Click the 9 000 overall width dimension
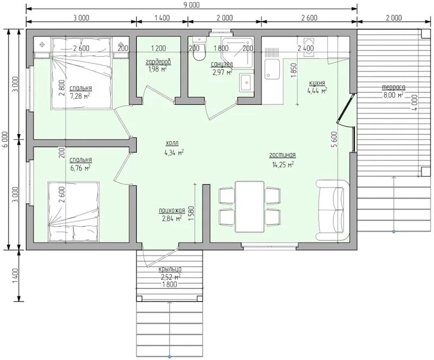click(192, 5)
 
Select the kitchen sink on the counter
click(272, 69)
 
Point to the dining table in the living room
click(250, 207)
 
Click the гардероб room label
click(158, 61)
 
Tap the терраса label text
click(393, 87)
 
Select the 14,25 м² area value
click(283, 165)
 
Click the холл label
click(172, 143)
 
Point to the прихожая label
click(172, 211)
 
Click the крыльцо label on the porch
click(170, 269)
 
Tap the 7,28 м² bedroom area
click(80, 96)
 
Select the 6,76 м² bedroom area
click(80, 168)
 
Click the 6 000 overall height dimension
click(5, 140)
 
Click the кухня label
click(317, 83)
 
